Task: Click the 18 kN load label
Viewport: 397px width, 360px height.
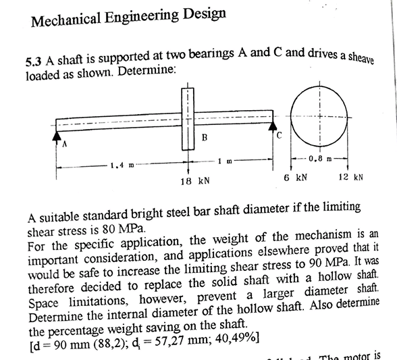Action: [194, 180]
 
